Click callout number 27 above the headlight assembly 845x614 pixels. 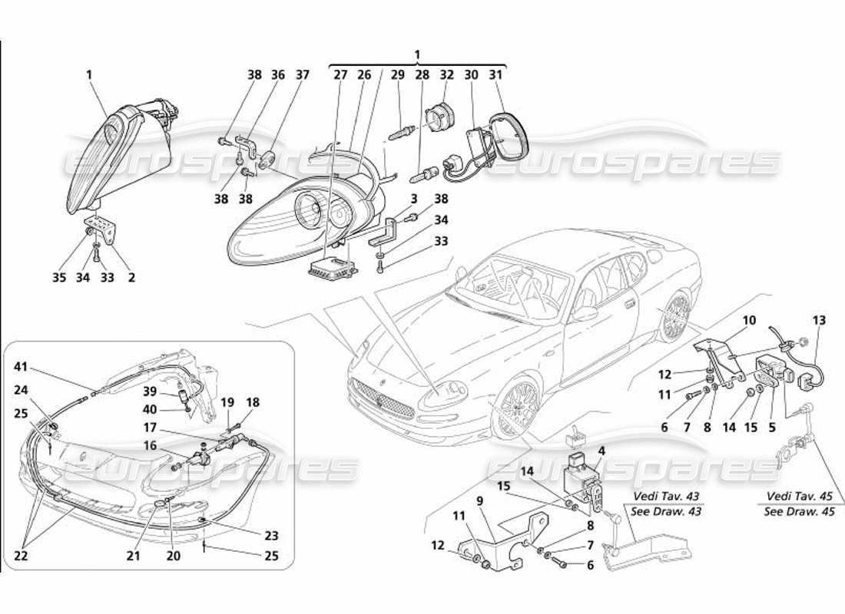click(340, 74)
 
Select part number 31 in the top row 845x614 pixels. click(495, 74)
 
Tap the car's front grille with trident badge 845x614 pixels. click(382, 397)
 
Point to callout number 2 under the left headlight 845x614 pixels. click(131, 278)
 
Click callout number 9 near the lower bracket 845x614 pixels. click(479, 501)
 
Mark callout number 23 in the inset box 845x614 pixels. click(272, 536)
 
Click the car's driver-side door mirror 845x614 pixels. click(585, 313)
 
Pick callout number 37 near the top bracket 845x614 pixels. click(302, 74)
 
